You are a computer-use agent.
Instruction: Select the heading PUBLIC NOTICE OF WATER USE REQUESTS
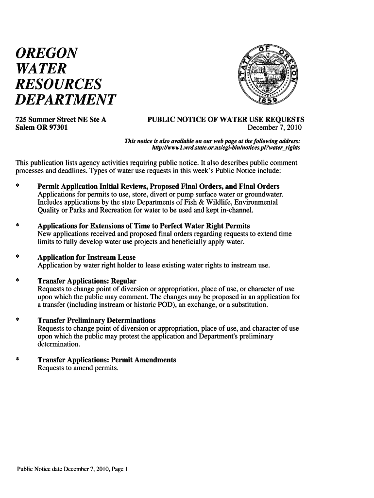[x=226, y=119]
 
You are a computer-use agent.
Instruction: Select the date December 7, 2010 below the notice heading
[x=274, y=128]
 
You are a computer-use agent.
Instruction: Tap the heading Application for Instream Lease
[x=86, y=257]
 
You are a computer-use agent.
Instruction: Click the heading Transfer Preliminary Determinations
[x=97, y=320]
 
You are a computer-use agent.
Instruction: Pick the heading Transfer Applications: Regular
[x=87, y=281]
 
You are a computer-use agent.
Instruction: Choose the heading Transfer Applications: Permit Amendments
[x=107, y=360]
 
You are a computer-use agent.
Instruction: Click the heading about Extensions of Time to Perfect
[x=144, y=226]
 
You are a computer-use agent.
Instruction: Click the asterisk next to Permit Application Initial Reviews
[x=17, y=187]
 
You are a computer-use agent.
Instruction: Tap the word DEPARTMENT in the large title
[x=66, y=100]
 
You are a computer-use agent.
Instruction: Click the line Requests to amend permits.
[x=78, y=368]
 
